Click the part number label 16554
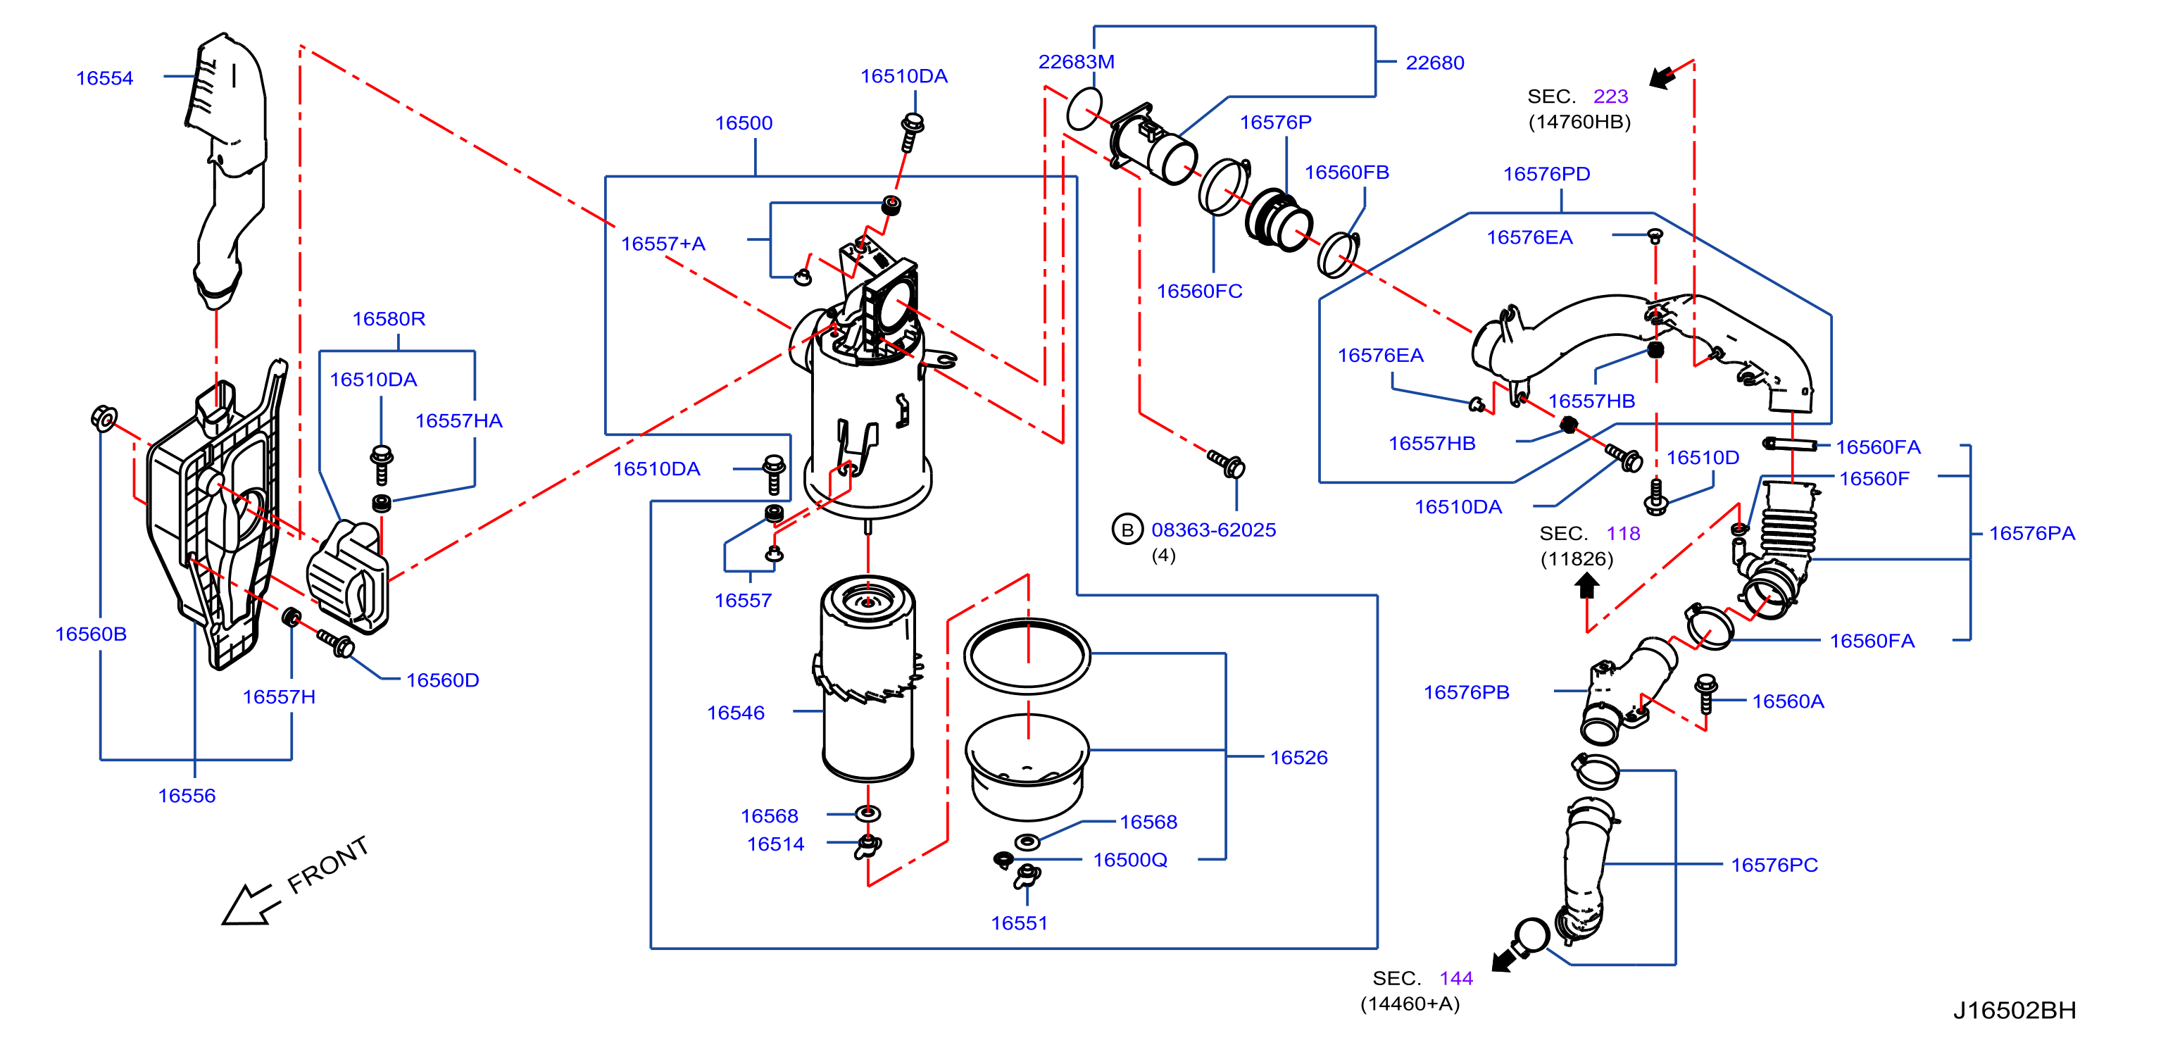coord(104,78)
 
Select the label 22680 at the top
coord(1435,63)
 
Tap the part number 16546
coord(736,713)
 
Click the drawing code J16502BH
coord(2014,1010)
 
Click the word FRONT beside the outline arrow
coord(327,864)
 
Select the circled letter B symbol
coord(1127,530)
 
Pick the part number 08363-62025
coord(1214,530)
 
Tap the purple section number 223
coord(1610,96)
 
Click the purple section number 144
coord(1456,979)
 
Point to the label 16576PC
coord(1774,865)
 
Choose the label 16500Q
coord(1129,860)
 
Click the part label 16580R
coord(388,319)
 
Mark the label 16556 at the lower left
coord(187,796)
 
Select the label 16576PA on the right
coord(2031,534)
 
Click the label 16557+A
coord(663,244)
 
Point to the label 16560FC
coord(1199,291)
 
